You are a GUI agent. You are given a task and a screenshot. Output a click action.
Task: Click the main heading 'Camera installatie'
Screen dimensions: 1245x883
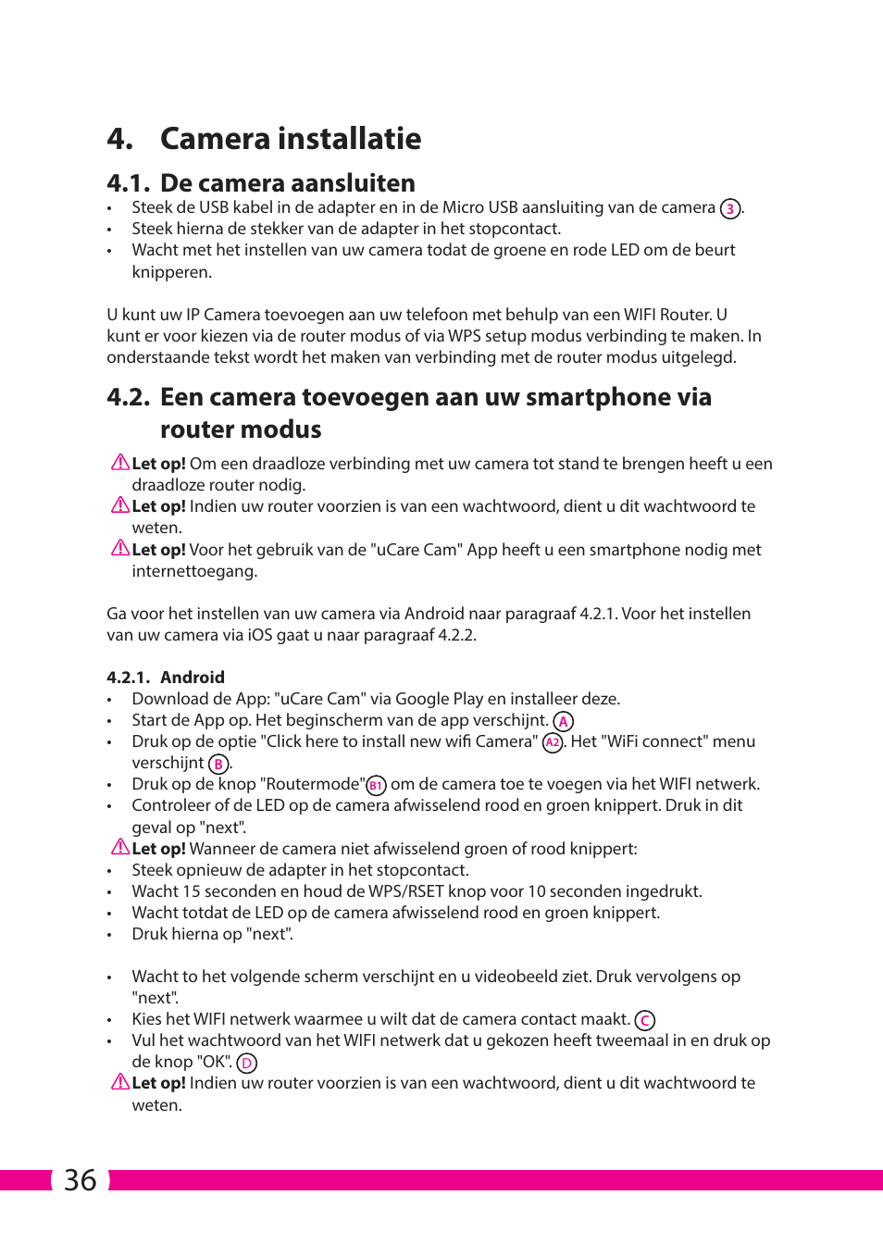(x=290, y=139)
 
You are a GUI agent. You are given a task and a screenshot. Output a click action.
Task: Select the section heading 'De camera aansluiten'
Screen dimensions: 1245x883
(x=287, y=183)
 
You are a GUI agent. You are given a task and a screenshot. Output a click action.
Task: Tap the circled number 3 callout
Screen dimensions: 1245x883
(x=730, y=209)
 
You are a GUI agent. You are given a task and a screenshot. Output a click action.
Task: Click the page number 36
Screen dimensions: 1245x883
(x=81, y=1180)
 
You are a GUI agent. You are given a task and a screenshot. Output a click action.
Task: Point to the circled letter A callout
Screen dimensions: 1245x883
(x=563, y=722)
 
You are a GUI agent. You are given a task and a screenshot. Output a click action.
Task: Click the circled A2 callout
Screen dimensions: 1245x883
(x=553, y=742)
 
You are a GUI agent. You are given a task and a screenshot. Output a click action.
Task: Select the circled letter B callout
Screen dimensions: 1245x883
(x=218, y=765)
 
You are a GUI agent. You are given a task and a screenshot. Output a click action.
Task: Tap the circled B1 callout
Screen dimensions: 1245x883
(x=376, y=786)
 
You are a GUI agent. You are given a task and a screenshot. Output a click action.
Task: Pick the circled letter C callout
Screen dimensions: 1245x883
(x=645, y=1021)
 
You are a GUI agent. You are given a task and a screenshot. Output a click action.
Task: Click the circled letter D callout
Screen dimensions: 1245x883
(x=246, y=1064)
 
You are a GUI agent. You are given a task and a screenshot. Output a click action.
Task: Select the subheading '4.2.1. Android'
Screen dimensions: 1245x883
(x=166, y=678)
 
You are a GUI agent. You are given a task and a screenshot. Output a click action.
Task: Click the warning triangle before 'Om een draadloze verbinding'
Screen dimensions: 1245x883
(x=120, y=462)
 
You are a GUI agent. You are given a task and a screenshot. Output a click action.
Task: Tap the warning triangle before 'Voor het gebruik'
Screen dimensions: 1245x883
(x=120, y=548)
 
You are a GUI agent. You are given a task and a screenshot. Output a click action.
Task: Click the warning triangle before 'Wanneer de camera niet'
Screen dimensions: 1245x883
(x=120, y=847)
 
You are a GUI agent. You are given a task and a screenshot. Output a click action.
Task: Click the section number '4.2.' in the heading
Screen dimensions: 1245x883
(x=128, y=397)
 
